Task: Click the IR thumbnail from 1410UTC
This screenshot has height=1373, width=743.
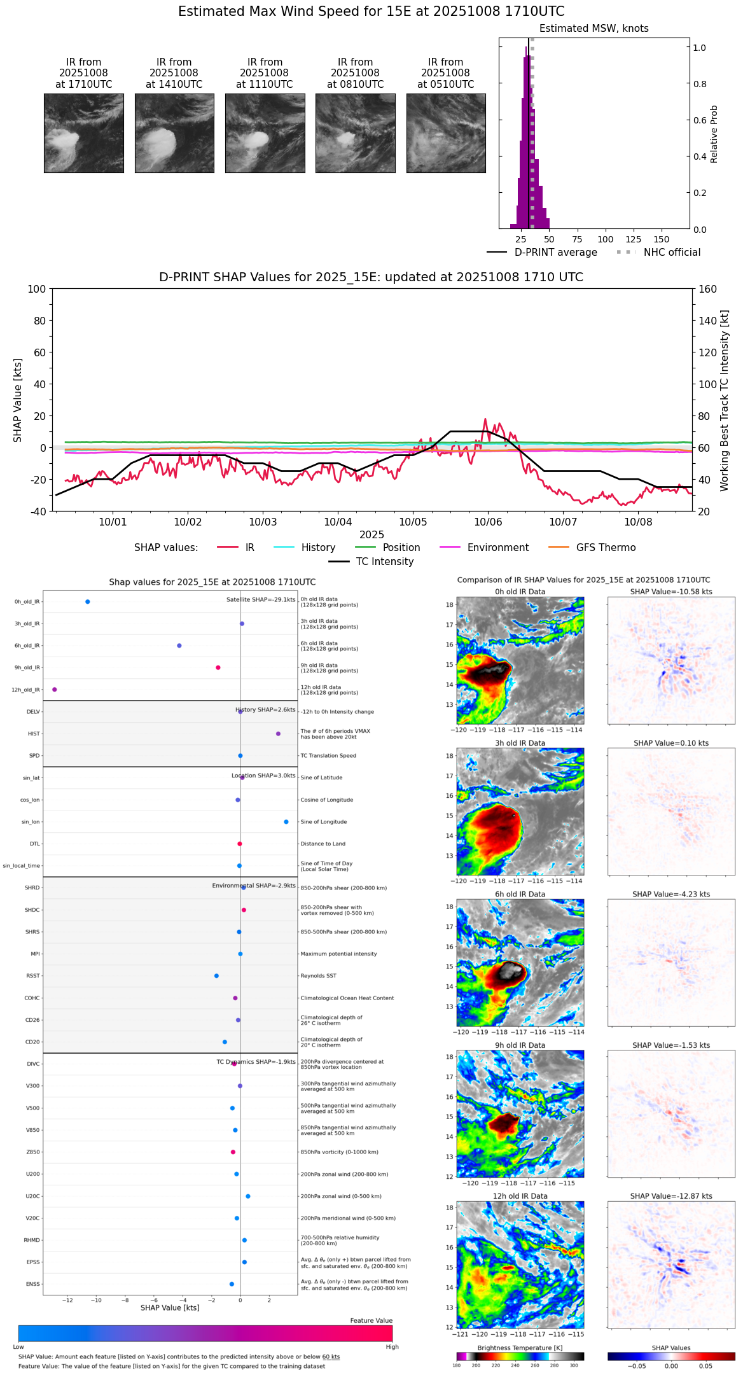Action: point(174,133)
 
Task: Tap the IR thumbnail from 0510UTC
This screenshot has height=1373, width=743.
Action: point(446,133)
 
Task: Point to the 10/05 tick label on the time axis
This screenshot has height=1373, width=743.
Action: point(413,522)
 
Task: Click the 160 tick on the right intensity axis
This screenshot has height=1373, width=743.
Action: point(707,289)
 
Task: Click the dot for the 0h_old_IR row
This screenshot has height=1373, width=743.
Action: point(87,602)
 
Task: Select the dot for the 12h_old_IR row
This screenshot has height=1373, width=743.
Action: point(54,690)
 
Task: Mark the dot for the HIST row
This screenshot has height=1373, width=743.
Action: point(278,734)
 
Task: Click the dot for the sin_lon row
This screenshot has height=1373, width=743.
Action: point(286,822)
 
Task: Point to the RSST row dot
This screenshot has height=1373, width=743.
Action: point(216,976)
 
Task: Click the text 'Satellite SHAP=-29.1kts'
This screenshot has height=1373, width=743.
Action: point(261,599)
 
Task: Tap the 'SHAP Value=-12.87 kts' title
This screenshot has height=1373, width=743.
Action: point(670,1197)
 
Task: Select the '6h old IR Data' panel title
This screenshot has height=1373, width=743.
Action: point(520,895)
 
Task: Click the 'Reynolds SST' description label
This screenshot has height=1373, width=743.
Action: point(318,976)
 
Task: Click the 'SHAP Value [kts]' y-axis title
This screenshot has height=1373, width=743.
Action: point(18,400)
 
